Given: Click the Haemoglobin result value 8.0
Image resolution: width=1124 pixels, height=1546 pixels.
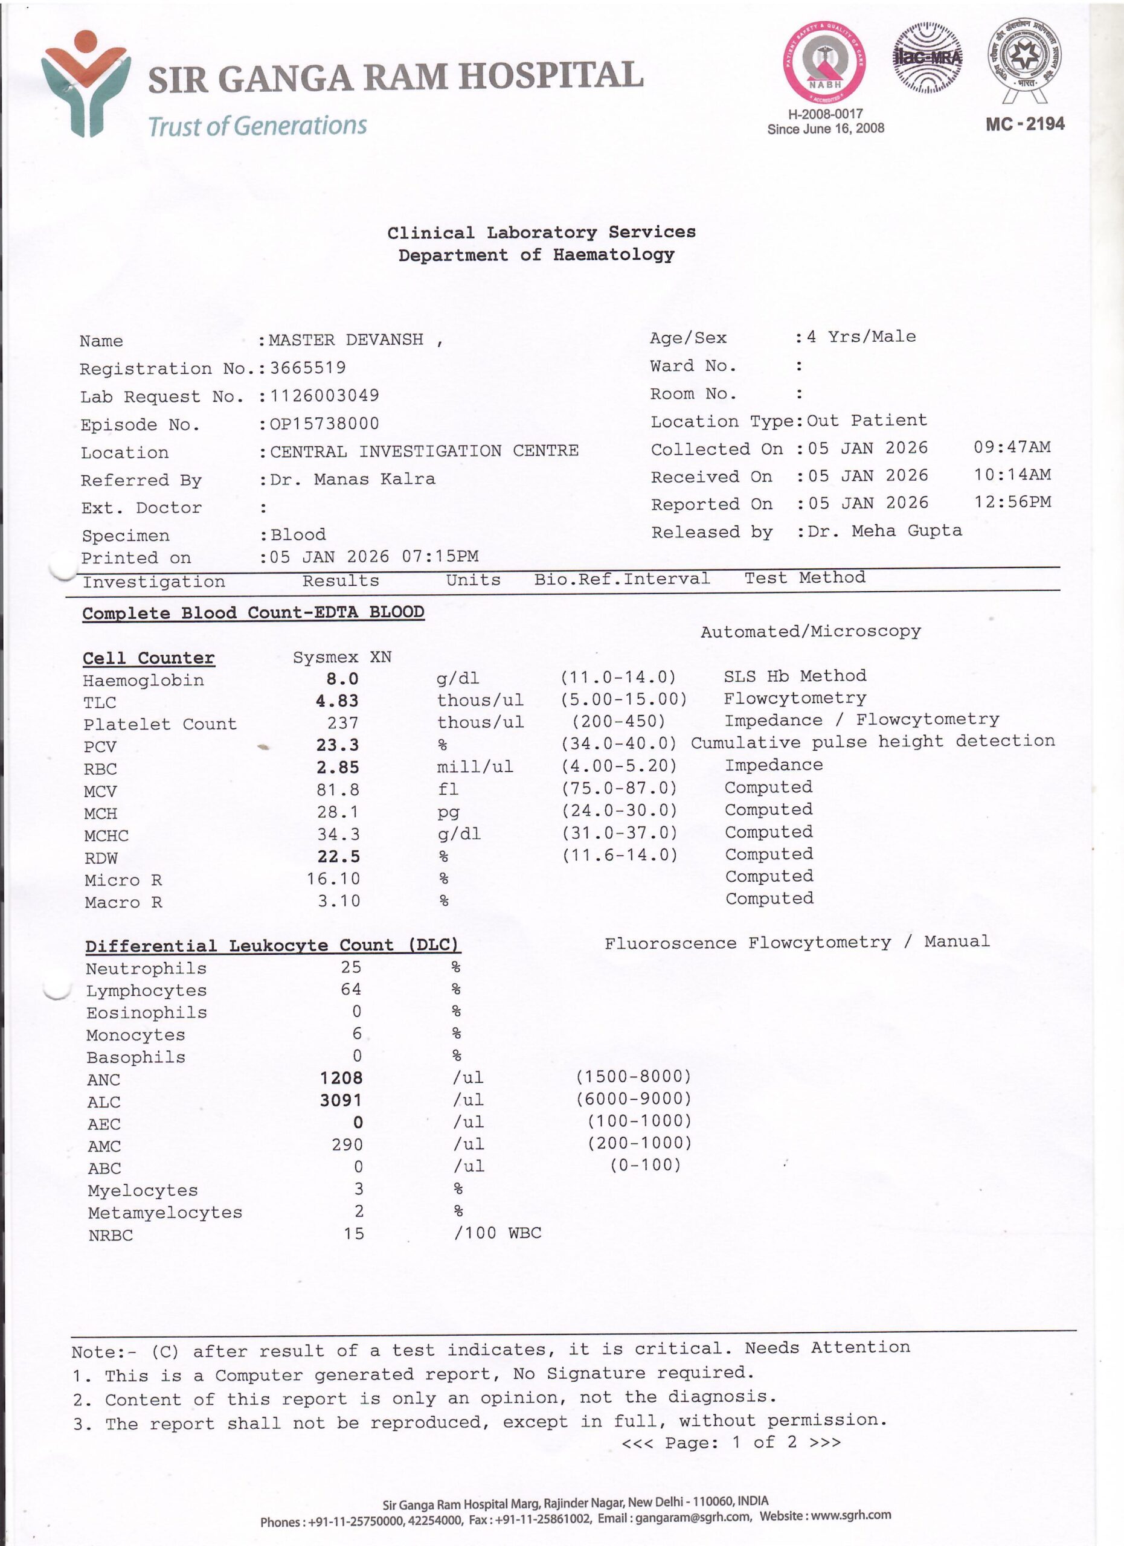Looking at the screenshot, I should [x=342, y=679].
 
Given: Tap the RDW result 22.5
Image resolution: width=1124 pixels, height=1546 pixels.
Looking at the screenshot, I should [x=338, y=856].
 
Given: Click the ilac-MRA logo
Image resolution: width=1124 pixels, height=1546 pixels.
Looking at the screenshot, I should [x=927, y=58].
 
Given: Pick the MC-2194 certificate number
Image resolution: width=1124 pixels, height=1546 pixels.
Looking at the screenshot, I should [x=1024, y=124].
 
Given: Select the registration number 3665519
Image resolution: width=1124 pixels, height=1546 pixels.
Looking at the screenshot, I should [x=308, y=368].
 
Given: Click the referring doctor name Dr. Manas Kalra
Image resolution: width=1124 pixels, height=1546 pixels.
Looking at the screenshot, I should [x=352, y=480].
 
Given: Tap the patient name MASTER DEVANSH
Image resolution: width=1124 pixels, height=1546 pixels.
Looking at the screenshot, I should [x=346, y=339].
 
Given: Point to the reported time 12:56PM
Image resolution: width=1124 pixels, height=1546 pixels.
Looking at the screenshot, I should [x=1012, y=502].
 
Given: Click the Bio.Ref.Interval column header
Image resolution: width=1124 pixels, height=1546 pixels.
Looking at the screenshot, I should [x=621, y=579].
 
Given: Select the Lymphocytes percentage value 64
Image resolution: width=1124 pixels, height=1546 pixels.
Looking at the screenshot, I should [x=351, y=989].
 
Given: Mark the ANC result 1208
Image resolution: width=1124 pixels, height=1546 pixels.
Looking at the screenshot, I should [x=341, y=1078].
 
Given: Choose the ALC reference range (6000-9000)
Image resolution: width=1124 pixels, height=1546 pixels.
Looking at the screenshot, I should [x=633, y=1099].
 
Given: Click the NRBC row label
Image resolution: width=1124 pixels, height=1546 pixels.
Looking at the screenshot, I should [x=111, y=1235].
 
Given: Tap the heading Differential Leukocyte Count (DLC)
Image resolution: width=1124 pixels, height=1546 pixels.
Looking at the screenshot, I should [x=272, y=946].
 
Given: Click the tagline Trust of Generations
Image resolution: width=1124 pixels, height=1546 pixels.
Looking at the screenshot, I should [x=258, y=126].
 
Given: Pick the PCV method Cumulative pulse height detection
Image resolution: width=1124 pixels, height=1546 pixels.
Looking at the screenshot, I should [x=873, y=742].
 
